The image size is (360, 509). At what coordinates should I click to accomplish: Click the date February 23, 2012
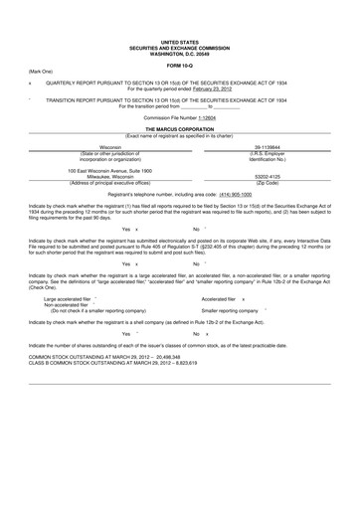(x=221, y=89)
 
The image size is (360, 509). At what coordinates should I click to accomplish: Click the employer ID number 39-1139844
(x=269, y=145)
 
